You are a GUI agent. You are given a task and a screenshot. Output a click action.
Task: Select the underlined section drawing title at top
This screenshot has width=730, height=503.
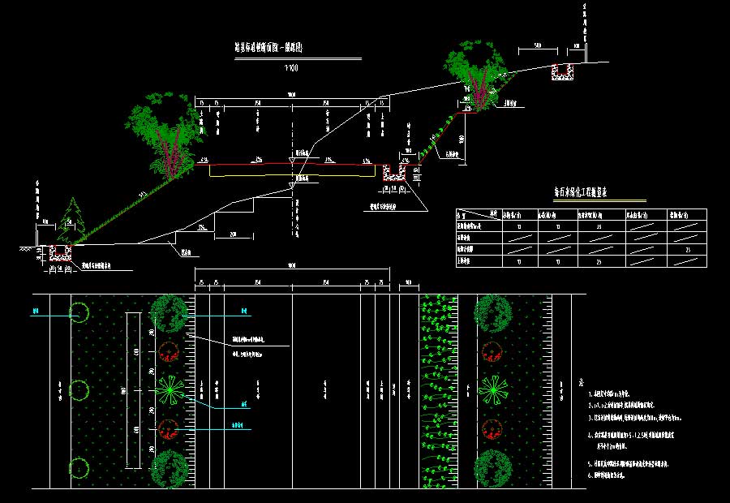click(x=268, y=49)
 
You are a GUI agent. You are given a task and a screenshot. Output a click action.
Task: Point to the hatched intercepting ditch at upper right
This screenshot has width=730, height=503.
click(x=561, y=72)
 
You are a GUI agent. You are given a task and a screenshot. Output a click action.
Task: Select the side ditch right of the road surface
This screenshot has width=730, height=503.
click(x=395, y=172)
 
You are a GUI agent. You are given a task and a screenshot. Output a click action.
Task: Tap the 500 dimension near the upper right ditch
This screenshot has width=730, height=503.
click(x=537, y=44)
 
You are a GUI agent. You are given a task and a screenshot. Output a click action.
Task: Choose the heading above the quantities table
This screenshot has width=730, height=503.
click(x=580, y=193)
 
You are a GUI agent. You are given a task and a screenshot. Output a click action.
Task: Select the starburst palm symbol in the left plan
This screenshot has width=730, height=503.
click(x=169, y=391)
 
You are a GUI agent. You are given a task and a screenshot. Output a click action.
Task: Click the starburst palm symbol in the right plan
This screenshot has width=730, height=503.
click(x=490, y=391)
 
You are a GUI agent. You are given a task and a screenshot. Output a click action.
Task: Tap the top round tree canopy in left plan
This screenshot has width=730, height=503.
click(x=169, y=313)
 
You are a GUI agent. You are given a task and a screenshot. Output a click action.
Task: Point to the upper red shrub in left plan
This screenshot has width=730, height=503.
click(x=169, y=351)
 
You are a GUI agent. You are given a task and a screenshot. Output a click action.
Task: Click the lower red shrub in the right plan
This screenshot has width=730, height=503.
click(x=490, y=430)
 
